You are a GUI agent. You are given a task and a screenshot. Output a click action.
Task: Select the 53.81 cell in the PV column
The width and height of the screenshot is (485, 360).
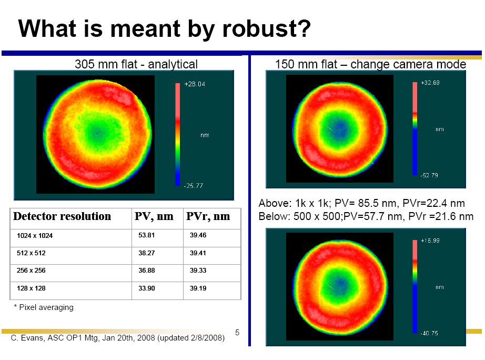coord(146,235)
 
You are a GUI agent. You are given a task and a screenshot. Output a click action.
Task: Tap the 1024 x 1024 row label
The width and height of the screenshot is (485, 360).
coord(35,236)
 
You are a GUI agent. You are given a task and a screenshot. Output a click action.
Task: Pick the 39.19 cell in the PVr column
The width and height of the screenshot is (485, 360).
coord(198,288)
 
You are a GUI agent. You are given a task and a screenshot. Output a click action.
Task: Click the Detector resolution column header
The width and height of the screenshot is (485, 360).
coord(62,216)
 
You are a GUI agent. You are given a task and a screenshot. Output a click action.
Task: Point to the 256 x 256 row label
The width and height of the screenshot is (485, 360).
coord(31,271)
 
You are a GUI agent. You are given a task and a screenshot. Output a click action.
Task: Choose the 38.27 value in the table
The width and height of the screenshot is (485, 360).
coord(146,253)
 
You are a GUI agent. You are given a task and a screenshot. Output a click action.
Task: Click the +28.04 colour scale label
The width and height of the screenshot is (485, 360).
coord(195,84)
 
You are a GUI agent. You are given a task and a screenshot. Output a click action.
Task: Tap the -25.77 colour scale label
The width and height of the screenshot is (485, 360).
coord(194,186)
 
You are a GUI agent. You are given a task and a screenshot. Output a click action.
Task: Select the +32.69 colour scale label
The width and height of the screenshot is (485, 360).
coord(430,83)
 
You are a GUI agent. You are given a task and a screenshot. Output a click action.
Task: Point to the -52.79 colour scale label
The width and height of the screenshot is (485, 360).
coord(430,175)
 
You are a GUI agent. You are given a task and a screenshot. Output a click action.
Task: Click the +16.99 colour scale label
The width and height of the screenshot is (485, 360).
coord(430,241)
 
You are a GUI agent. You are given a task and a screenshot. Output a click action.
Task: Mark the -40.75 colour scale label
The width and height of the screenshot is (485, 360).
coord(430,333)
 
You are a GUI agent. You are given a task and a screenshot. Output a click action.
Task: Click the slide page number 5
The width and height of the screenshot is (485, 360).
coord(237,332)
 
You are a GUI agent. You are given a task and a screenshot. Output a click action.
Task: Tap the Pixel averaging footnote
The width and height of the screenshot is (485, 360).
coord(46,307)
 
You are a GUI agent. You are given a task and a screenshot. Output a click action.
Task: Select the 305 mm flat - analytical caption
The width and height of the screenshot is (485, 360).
coord(136,64)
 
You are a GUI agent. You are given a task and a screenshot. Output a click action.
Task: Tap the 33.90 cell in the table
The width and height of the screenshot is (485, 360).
coord(146,288)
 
